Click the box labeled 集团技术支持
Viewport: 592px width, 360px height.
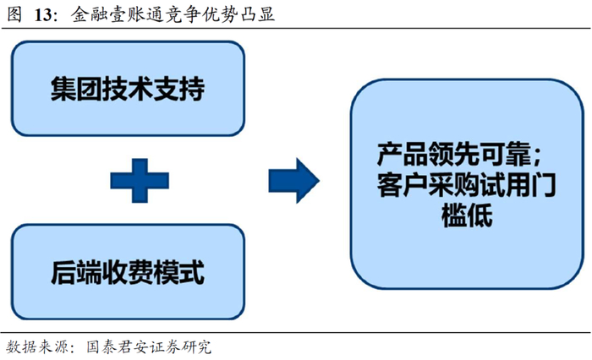(128, 89)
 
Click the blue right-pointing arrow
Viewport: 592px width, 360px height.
(292, 180)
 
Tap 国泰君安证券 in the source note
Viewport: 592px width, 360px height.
(125, 346)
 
